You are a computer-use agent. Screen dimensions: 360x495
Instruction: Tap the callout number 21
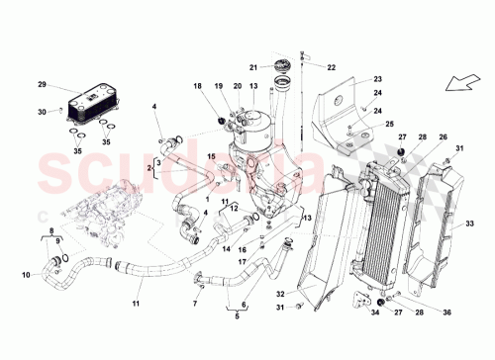click(x=252, y=67)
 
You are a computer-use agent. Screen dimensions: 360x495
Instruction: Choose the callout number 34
click(x=374, y=315)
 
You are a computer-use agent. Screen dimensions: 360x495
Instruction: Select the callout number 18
click(x=196, y=87)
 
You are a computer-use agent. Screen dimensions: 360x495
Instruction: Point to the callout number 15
click(x=211, y=157)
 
